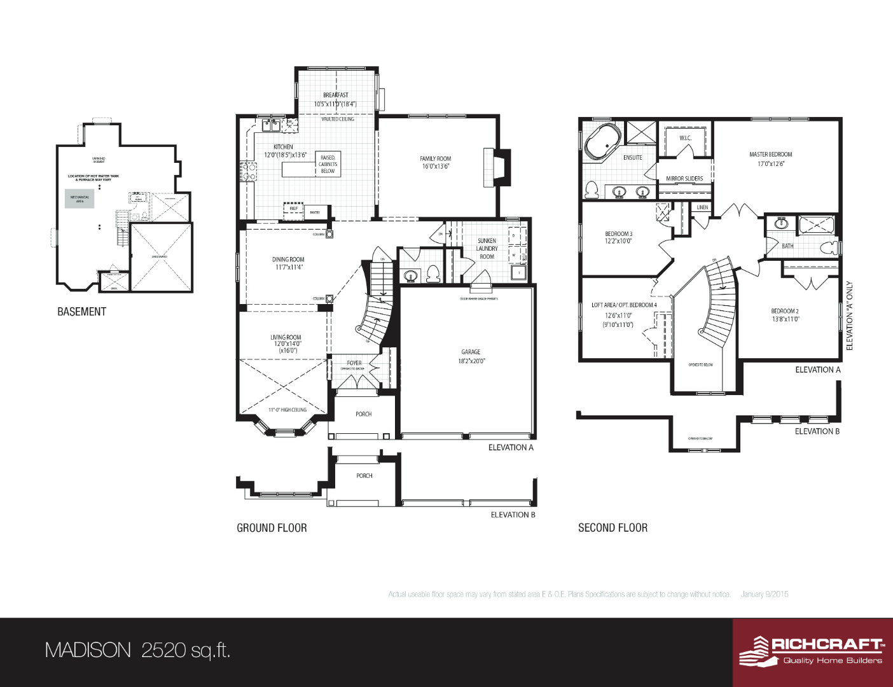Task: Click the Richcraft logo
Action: click(x=812, y=651)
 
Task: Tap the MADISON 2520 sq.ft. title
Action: click(x=137, y=650)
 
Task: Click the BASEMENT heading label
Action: click(x=81, y=312)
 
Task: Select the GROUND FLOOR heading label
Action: click(x=272, y=528)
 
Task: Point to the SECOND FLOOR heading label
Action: click(x=613, y=528)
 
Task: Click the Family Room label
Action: click(x=436, y=159)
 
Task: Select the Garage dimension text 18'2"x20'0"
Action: click(x=471, y=361)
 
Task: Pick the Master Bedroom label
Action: click(x=770, y=155)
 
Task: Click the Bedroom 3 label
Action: click(x=618, y=234)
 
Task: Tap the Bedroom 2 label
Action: click(x=785, y=311)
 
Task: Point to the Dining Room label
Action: click(x=288, y=260)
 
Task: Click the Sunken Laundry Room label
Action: click(x=487, y=249)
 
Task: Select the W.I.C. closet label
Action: click(x=685, y=138)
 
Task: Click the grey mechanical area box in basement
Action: click(x=80, y=198)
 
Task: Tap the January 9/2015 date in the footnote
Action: click(x=765, y=594)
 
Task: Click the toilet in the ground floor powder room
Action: click(x=433, y=274)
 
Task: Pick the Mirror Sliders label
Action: click(x=684, y=179)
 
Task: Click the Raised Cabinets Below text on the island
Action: click(x=328, y=164)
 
